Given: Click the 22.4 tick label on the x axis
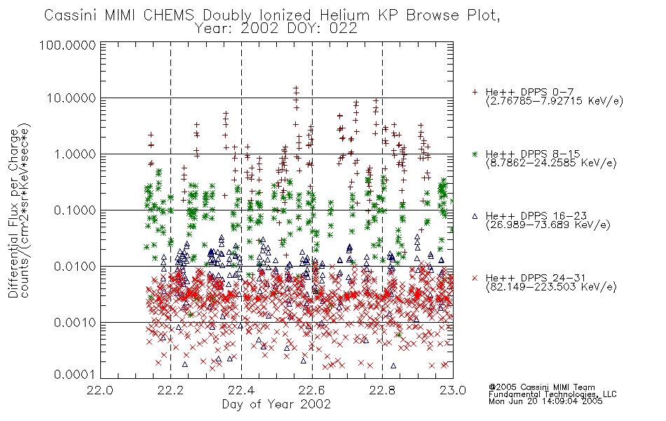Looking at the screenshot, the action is [x=241, y=390].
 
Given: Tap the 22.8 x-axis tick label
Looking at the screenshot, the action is [x=382, y=390].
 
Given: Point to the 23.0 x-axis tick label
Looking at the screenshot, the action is [x=453, y=390].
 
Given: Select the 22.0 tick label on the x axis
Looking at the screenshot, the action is [x=100, y=390].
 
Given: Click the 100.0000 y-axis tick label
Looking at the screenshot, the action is [x=67, y=45].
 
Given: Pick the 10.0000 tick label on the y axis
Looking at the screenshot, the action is [x=72, y=98].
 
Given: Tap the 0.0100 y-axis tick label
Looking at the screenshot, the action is [x=75, y=267].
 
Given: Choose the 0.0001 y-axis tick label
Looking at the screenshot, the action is [x=75, y=375].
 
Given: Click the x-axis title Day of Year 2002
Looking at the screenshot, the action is [x=276, y=404].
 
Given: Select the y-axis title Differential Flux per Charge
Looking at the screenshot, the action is [x=13, y=213].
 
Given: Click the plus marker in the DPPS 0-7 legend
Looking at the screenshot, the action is [x=475, y=92].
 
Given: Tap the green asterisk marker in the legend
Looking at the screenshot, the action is [x=475, y=154].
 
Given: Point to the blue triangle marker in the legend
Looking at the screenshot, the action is [x=475, y=216].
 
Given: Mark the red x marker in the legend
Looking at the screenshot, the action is [x=475, y=278].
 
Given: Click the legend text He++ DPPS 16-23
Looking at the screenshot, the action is [x=533, y=216].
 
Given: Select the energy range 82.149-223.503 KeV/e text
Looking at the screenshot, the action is [x=551, y=287].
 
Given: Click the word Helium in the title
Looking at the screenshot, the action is [x=344, y=15].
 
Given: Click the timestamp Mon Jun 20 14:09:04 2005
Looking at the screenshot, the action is [x=545, y=401].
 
